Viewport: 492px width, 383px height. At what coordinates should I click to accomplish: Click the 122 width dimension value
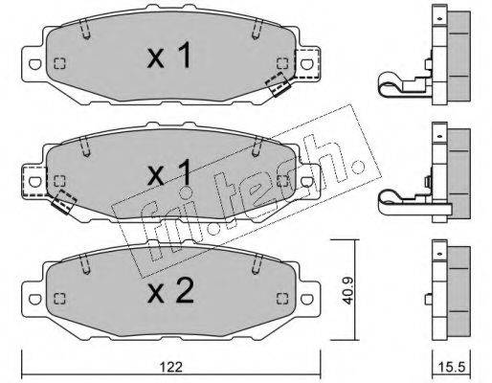click(170, 368)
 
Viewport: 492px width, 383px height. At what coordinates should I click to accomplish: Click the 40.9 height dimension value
click(347, 290)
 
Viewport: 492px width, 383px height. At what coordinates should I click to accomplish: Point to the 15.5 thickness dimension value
click(451, 368)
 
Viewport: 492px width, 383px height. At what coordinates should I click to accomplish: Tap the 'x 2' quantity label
click(170, 291)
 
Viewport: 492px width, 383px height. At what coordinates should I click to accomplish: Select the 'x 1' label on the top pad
click(169, 56)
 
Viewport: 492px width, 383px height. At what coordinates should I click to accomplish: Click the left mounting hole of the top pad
click(34, 64)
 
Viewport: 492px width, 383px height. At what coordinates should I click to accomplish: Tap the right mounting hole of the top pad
click(306, 64)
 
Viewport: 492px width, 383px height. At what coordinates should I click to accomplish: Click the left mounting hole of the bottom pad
click(34, 299)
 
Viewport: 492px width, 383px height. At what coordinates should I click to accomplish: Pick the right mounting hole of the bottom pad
click(306, 299)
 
